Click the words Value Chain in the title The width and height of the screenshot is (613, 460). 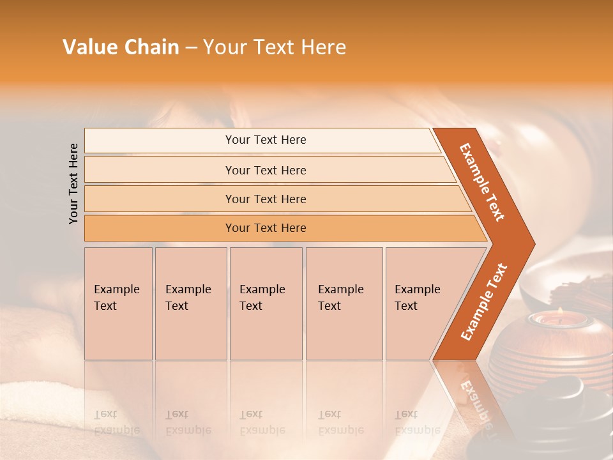121,47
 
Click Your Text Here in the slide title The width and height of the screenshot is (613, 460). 275,47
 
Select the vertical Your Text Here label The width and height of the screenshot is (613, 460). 73,183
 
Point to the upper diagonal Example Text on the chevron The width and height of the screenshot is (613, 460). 482,181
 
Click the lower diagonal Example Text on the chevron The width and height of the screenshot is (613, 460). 484,302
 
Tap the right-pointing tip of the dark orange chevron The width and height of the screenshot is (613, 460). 531,243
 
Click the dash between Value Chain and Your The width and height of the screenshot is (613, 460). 191,48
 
